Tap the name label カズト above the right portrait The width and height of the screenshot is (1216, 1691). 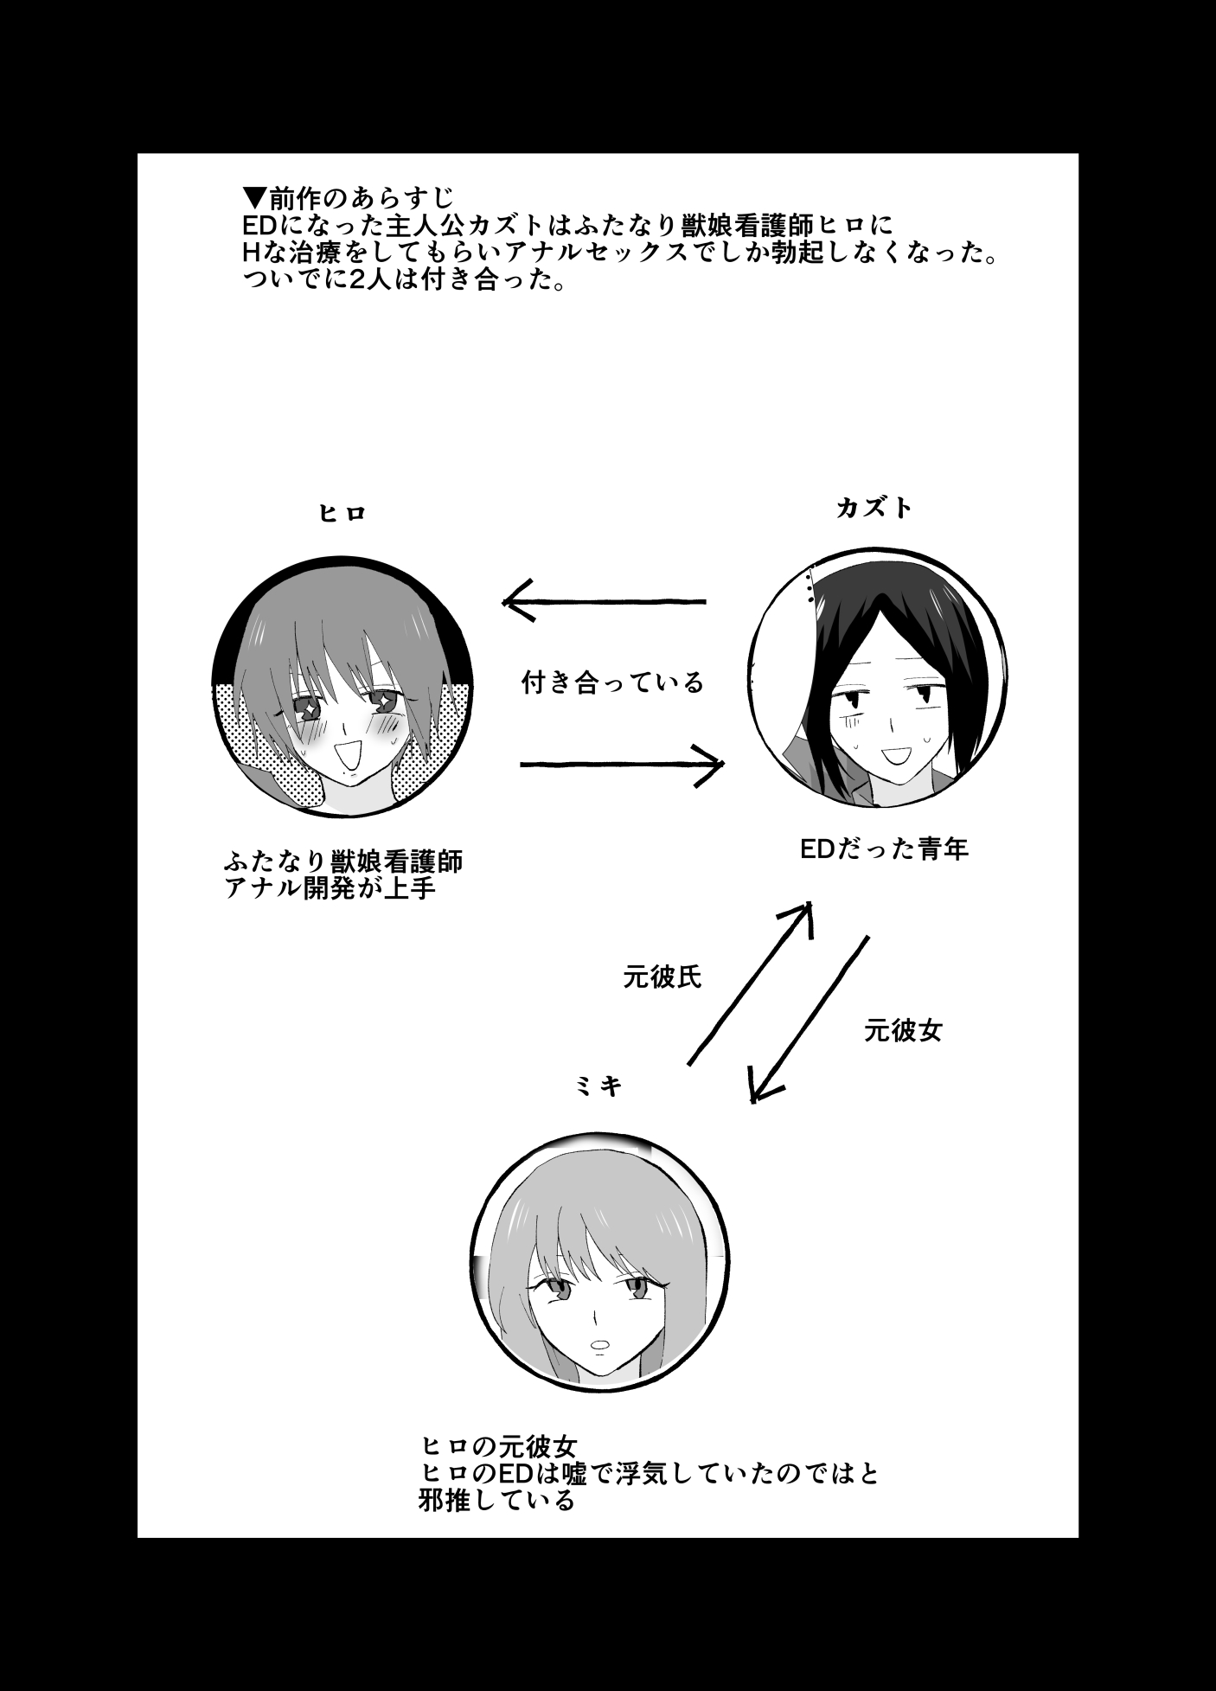[x=874, y=508]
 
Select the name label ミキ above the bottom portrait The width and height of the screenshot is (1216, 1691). [x=599, y=1086]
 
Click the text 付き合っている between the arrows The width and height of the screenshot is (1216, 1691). [x=613, y=683]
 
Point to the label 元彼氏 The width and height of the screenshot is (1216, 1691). [x=662, y=977]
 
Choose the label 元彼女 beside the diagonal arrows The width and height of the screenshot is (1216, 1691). [x=903, y=1030]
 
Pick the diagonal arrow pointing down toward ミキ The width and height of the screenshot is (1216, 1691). [x=809, y=1019]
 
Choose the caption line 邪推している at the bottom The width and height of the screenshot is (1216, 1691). [x=496, y=1498]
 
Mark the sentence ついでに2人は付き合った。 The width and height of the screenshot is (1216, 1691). [x=405, y=281]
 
